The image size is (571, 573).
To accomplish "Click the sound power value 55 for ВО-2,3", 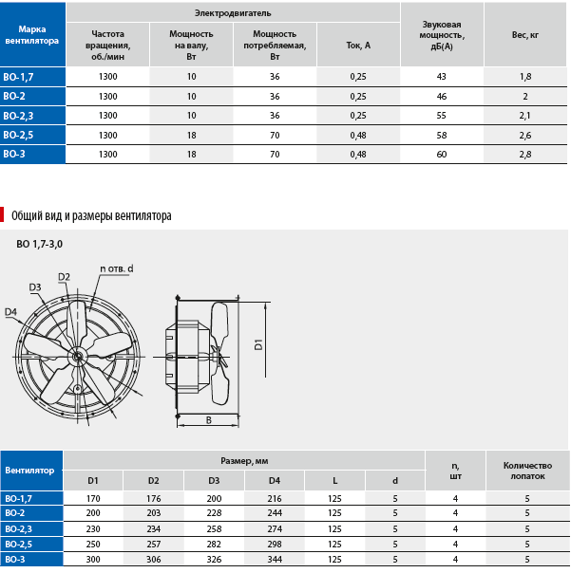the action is (x=441, y=116).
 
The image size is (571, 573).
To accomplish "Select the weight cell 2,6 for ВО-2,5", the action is (x=524, y=136).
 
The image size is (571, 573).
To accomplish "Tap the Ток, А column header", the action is (x=358, y=46).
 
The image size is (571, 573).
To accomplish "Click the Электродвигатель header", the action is (x=233, y=13).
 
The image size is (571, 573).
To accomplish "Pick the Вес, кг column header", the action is (x=524, y=35).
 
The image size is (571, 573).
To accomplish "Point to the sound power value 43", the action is (x=441, y=77).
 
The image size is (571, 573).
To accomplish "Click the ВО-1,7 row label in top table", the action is (x=18, y=77).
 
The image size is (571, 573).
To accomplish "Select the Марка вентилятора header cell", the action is (x=32, y=35).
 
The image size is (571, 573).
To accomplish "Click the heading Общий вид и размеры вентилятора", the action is (x=91, y=216).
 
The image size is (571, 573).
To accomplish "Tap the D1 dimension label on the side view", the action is (x=258, y=344).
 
